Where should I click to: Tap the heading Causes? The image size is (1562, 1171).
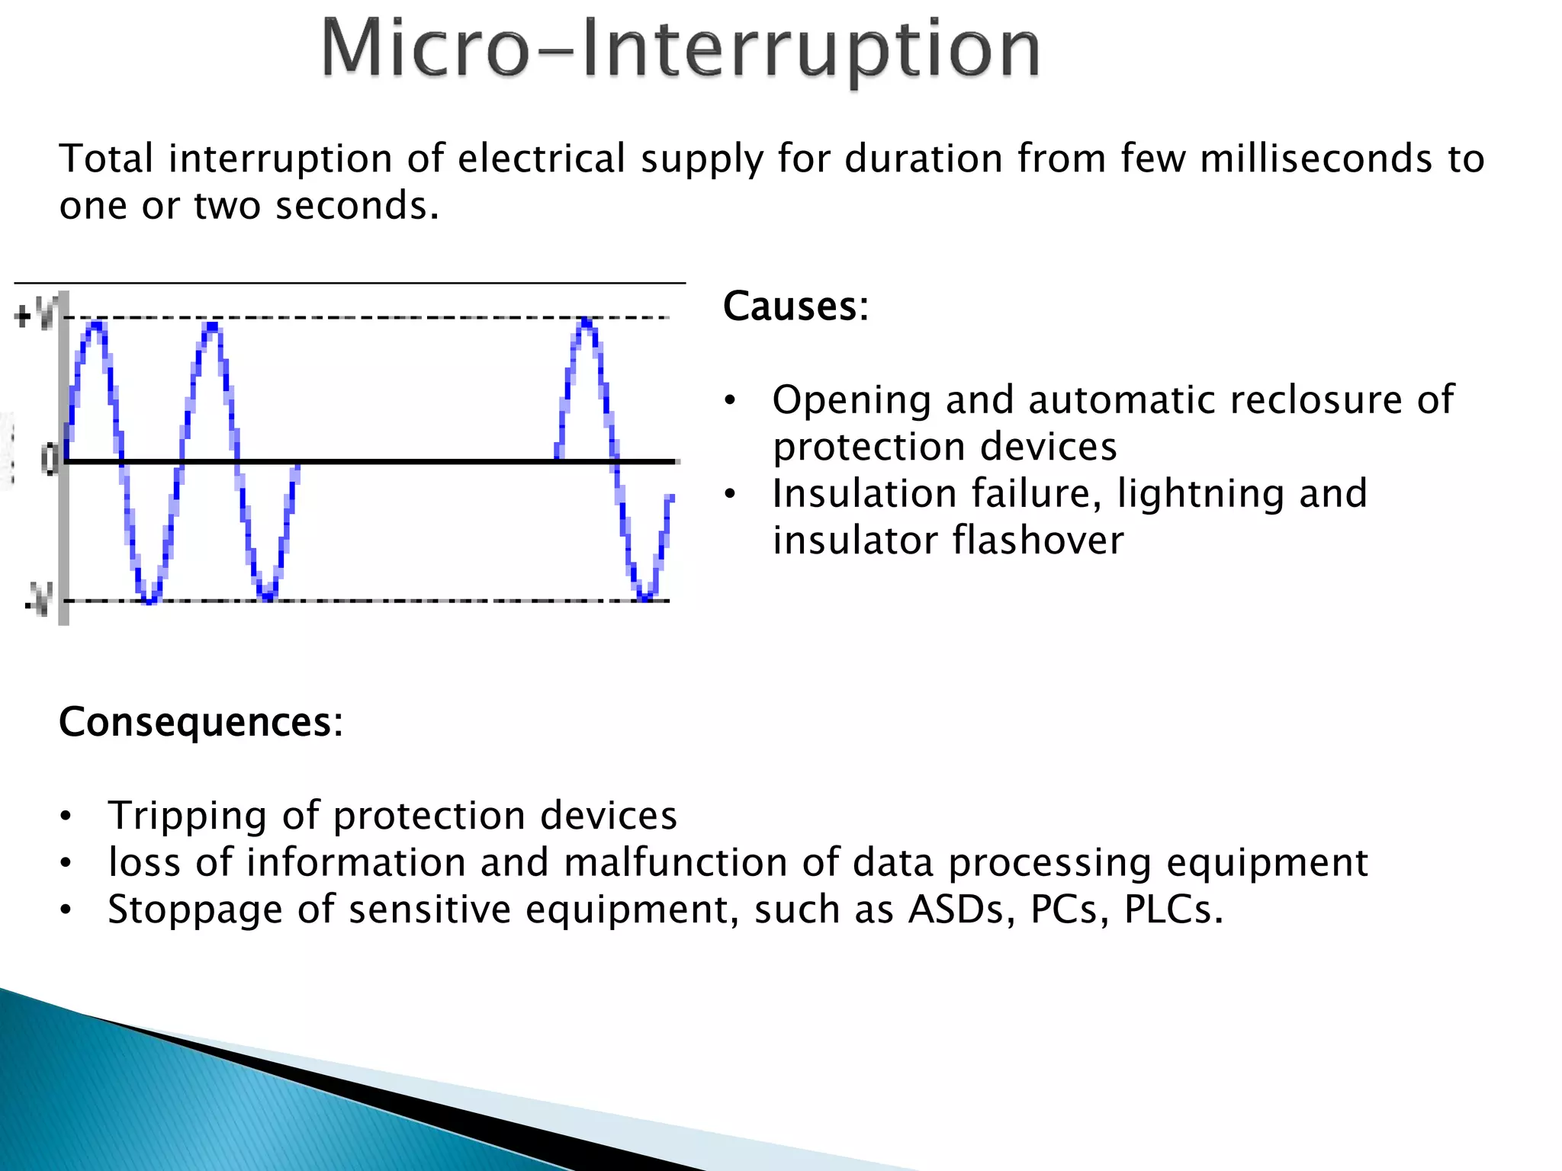(x=795, y=306)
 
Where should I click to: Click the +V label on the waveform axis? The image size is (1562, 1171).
(x=35, y=315)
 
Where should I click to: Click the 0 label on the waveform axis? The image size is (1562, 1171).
(x=50, y=460)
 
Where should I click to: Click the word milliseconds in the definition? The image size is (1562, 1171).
(x=1316, y=159)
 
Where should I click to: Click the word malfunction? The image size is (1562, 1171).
(x=675, y=862)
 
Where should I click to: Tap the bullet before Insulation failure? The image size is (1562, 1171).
(x=730, y=495)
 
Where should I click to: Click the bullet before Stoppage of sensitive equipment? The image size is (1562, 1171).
(x=66, y=910)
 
